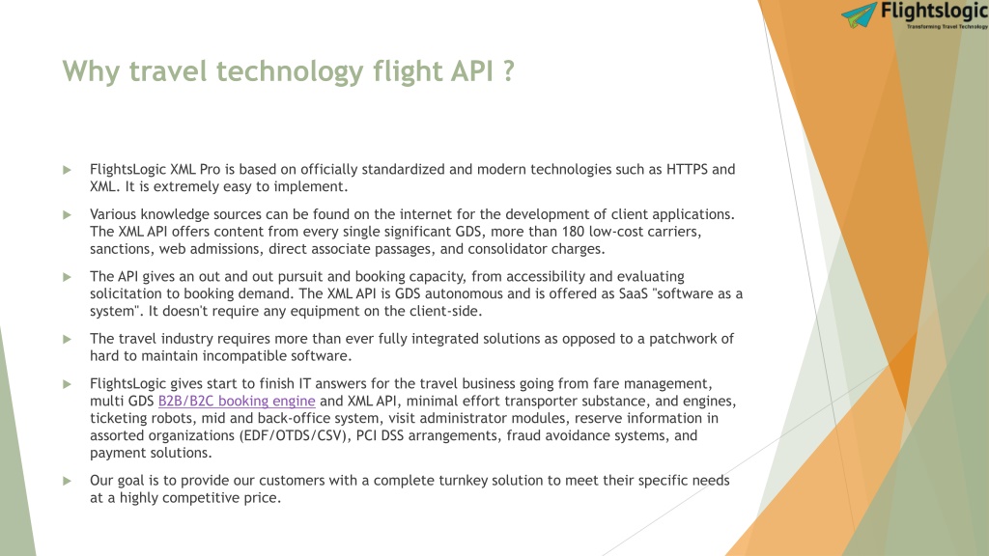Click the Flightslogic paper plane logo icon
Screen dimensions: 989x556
[859, 14]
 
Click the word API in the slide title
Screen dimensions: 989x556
[471, 70]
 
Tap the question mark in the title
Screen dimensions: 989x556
[509, 70]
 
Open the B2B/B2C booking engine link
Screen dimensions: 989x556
[237, 401]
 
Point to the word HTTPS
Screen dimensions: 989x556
[687, 170]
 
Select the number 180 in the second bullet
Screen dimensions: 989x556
[573, 232]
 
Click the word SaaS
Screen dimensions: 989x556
[633, 293]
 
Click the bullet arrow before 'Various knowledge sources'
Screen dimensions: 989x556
[67, 215]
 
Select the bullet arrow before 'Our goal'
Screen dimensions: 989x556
[67, 481]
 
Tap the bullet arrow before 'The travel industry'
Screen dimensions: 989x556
[67, 339]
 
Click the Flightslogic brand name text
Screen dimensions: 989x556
[934, 12]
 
